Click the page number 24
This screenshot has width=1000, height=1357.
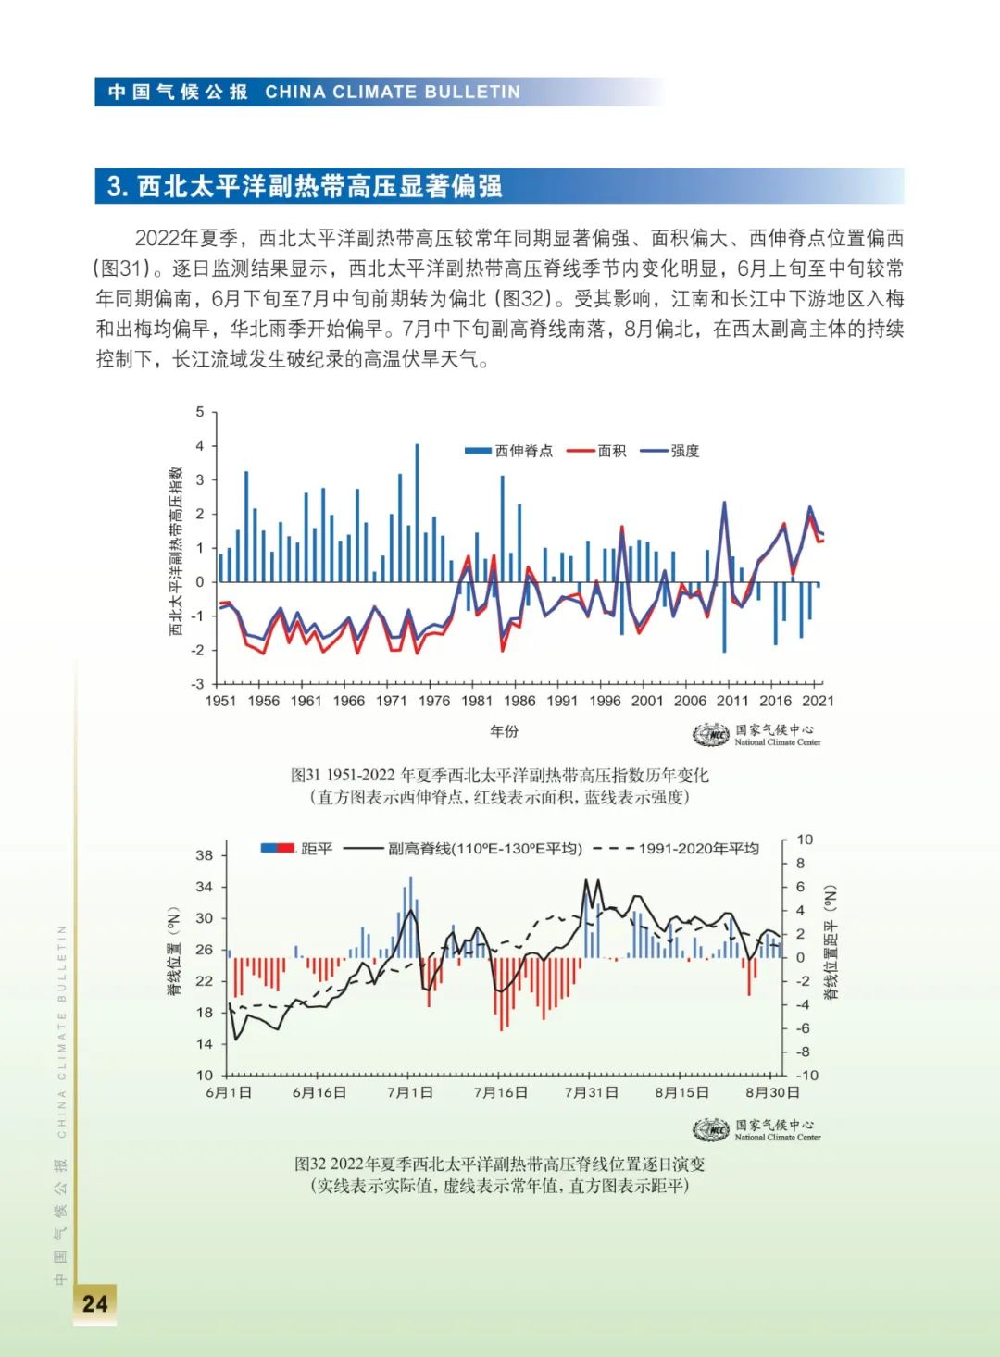(x=94, y=1303)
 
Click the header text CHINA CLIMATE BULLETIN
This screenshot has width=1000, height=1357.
(x=393, y=92)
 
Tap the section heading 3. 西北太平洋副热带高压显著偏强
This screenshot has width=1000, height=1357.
(x=306, y=186)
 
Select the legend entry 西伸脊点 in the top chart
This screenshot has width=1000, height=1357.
(x=509, y=451)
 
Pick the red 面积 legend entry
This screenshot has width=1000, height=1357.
(x=597, y=451)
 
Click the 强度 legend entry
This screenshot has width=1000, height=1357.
(x=671, y=451)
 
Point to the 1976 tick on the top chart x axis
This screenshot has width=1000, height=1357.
(x=434, y=701)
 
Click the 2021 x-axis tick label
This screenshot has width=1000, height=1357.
(x=818, y=701)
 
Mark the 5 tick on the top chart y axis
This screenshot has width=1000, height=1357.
(x=200, y=412)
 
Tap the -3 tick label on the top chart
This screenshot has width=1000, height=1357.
(x=198, y=684)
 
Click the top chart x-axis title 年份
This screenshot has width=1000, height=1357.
(x=504, y=731)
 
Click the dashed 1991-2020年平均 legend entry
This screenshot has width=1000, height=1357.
(x=676, y=848)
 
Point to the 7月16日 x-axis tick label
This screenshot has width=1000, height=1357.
(x=501, y=1092)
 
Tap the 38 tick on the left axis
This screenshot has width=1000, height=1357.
(x=204, y=855)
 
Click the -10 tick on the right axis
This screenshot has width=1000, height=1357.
(x=806, y=1075)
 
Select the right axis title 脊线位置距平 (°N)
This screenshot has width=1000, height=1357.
(x=831, y=942)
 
